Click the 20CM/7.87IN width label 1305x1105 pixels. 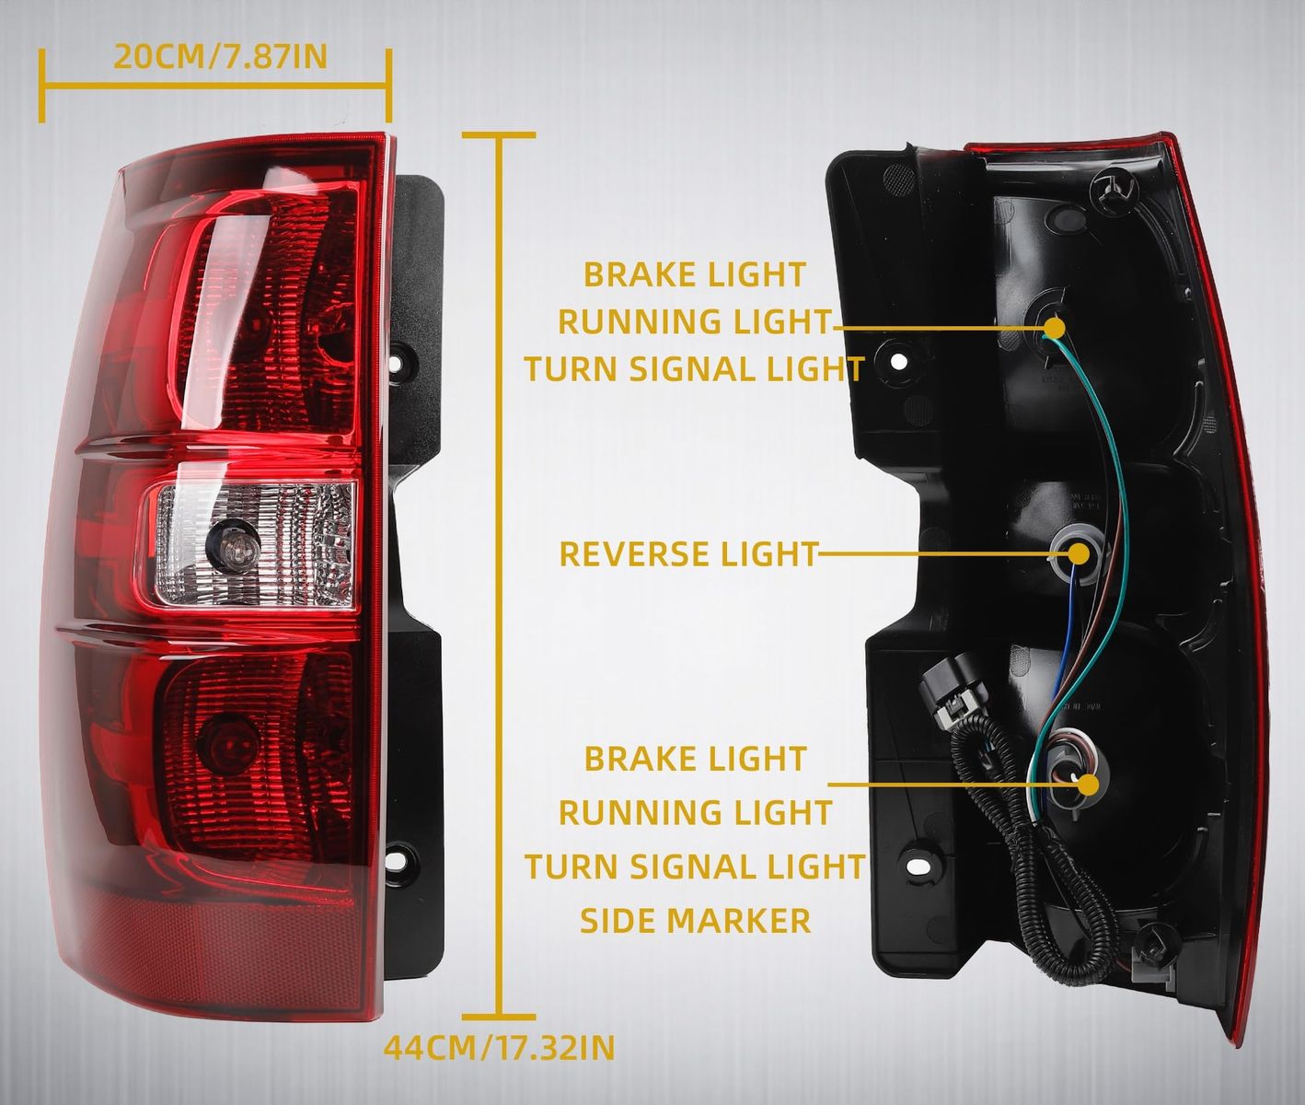220,57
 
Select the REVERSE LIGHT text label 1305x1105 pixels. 688,553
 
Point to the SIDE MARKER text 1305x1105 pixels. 695,920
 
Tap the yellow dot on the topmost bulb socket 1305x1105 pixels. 1054,328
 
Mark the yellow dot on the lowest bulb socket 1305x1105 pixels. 1088,785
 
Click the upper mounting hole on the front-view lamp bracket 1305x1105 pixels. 397,364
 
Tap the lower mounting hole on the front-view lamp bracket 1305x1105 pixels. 396,860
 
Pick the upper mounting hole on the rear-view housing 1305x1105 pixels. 898,361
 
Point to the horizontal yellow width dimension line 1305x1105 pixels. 215,85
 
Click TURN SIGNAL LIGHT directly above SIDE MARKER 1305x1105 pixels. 694,866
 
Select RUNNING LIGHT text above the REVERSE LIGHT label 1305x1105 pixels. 695,321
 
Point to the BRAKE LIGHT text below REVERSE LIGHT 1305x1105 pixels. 695,758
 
